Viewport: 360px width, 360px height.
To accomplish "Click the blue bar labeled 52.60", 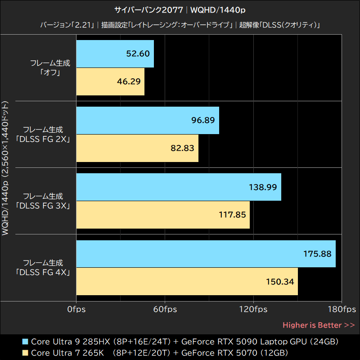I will click(115, 54).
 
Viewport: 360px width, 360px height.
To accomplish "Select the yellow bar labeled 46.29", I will click(110, 81).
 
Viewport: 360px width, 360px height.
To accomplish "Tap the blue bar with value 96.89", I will click(148, 120).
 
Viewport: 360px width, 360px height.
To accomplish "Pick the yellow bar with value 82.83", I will click(137, 148).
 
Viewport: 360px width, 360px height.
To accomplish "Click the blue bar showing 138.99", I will click(179, 187).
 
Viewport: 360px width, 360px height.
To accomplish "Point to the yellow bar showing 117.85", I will click(163, 215).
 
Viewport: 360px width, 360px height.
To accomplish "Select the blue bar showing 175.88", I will click(206, 254).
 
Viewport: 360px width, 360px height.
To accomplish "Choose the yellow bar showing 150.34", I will click(187, 282).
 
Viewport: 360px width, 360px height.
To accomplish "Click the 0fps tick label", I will click(76, 309).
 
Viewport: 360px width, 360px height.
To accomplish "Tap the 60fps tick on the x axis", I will click(165, 309).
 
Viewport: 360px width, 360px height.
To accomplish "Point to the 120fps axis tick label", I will click(253, 309).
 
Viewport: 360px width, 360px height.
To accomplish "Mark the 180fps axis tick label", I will click(342, 309).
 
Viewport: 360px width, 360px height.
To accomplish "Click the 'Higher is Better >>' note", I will click(319, 325).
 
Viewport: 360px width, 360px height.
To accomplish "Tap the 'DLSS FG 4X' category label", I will click(43, 272).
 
